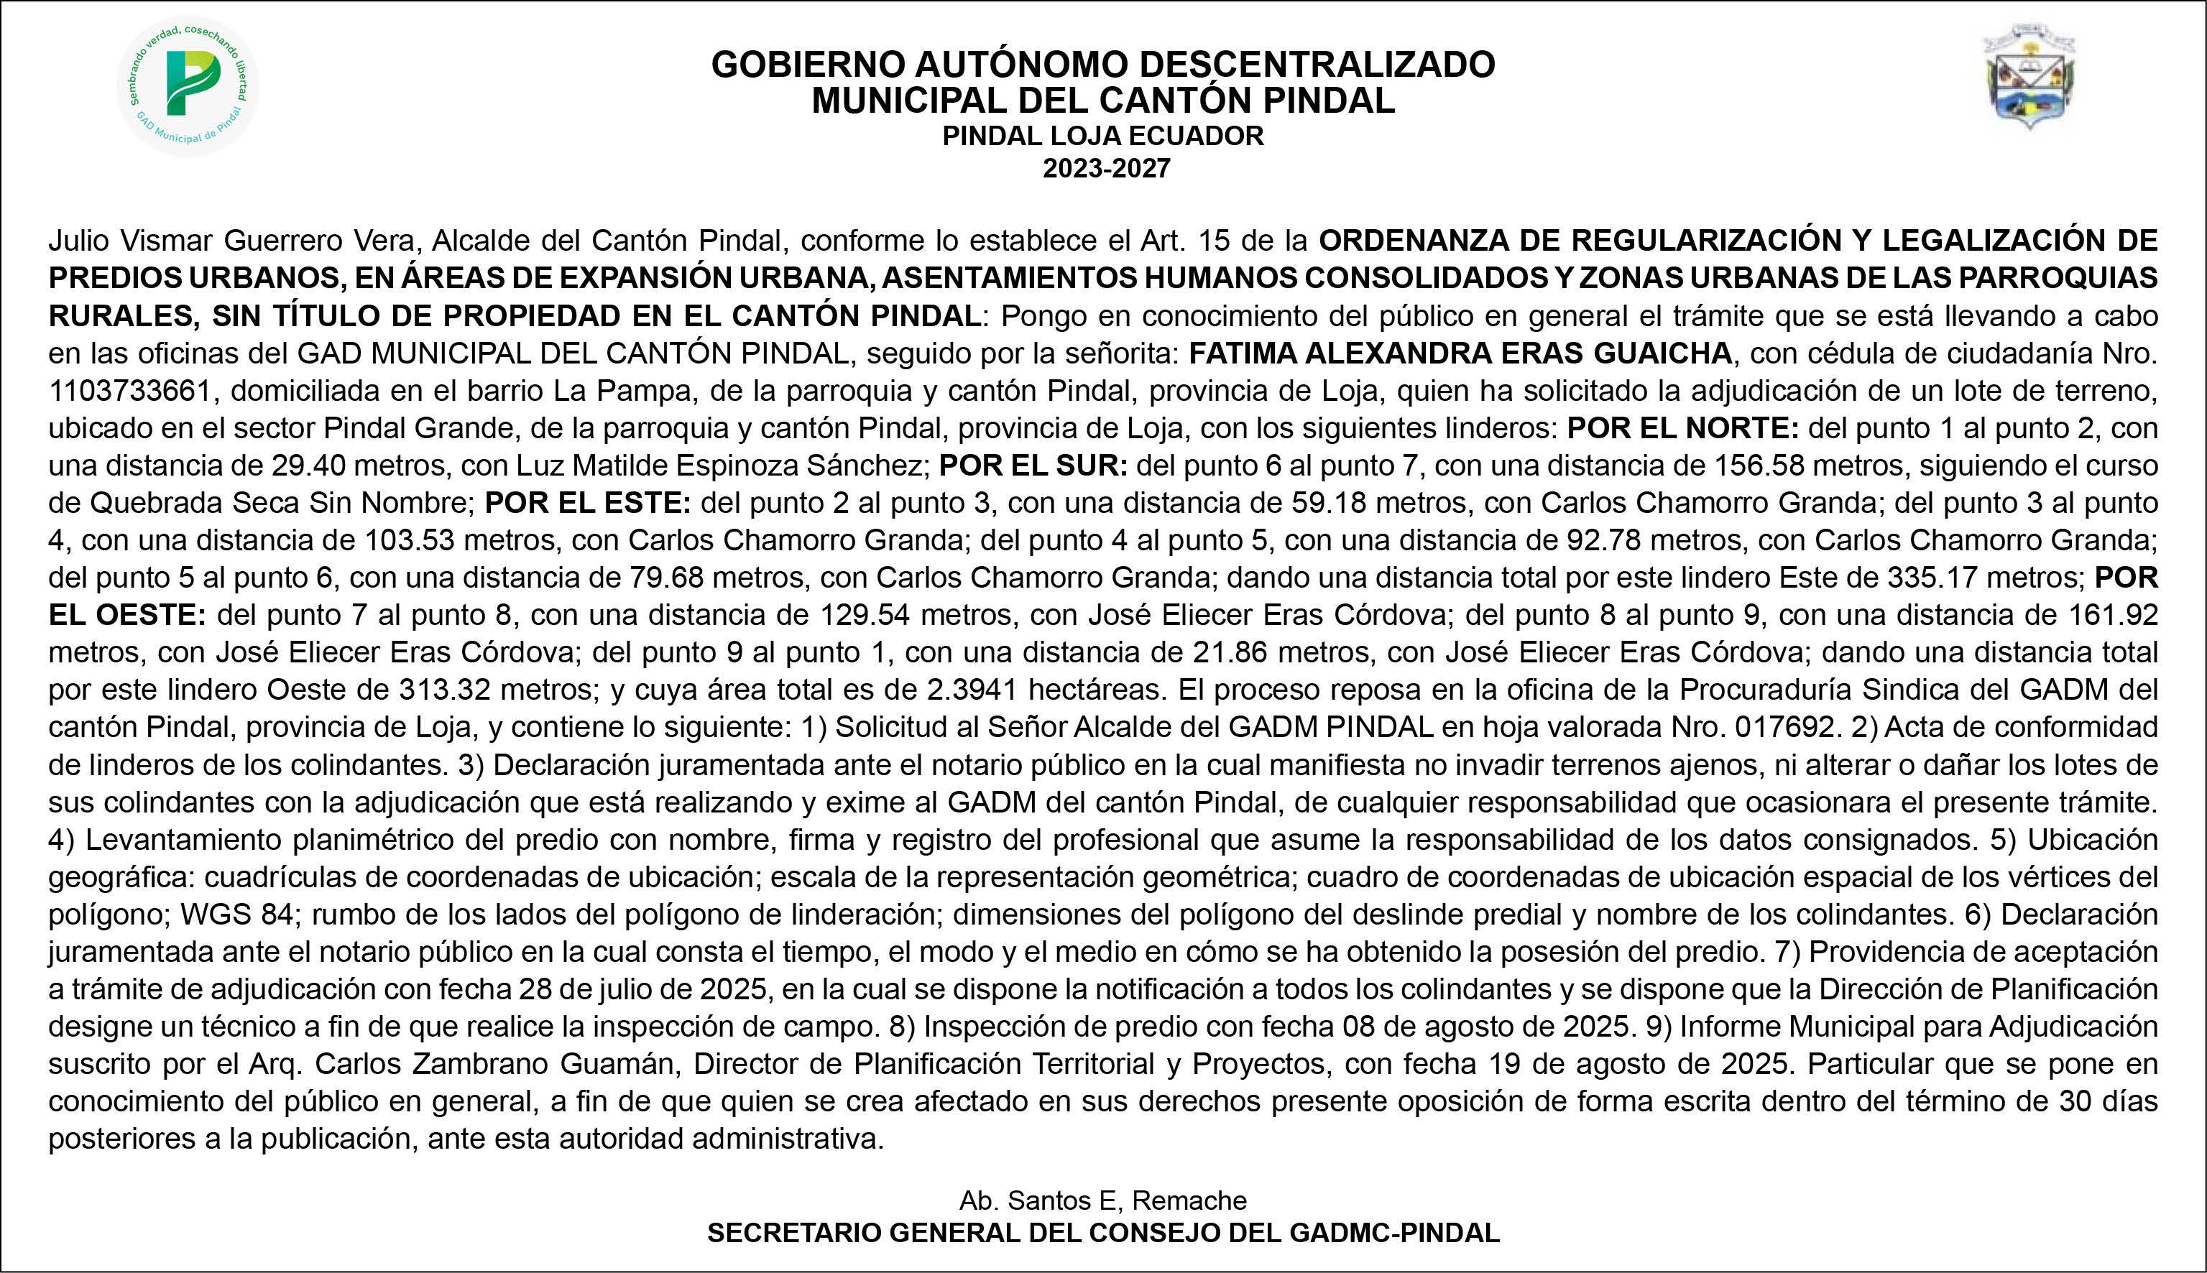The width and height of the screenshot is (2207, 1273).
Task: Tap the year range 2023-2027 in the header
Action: [x=1105, y=168]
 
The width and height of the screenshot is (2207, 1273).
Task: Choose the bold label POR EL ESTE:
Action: [x=588, y=504]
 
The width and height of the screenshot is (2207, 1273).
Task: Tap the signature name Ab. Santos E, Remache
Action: [x=1102, y=1200]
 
